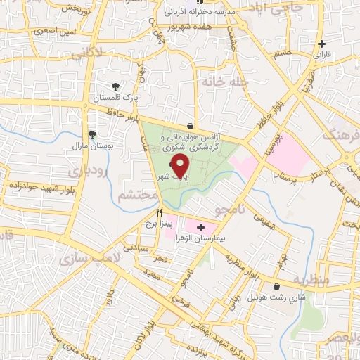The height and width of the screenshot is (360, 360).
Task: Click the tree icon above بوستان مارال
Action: point(92,135)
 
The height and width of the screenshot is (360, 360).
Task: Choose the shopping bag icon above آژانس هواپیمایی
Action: point(191,126)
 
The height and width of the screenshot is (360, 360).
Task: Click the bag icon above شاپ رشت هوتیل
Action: point(276,287)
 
